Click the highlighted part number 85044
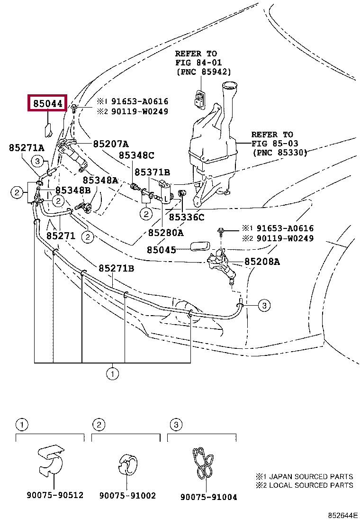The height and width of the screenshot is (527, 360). [48, 103]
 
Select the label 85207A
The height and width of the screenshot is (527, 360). [111, 144]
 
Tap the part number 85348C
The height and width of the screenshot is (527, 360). [136, 155]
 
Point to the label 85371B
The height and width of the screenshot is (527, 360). [152, 172]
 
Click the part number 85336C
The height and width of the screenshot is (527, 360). [186, 217]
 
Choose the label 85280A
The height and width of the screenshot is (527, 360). [166, 233]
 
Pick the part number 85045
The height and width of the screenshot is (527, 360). [161, 250]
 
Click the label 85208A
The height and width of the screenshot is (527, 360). [262, 262]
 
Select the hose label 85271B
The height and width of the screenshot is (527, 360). [116, 268]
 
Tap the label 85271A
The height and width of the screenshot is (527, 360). [27, 147]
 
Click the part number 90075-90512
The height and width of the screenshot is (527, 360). [55, 495]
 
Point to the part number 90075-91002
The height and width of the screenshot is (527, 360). [127, 495]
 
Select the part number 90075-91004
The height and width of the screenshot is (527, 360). [208, 497]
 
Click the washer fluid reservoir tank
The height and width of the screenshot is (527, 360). [212, 145]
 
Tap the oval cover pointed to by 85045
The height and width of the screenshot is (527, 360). [200, 246]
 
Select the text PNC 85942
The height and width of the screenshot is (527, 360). [204, 72]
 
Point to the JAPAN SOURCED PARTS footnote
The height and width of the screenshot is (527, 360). [304, 476]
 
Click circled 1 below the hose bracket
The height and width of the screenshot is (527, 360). [112, 373]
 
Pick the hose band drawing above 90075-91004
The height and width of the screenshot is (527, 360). [203, 463]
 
